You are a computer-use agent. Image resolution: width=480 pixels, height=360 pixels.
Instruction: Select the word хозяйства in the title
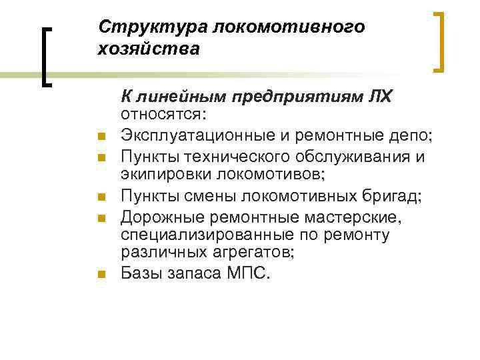(x=148, y=49)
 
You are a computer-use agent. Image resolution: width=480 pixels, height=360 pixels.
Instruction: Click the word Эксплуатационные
(x=190, y=137)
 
